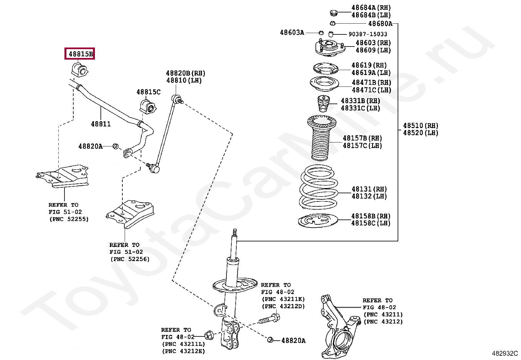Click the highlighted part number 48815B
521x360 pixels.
coord(80,53)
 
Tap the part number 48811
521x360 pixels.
coord(101,124)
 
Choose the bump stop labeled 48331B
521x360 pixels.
coord(324,103)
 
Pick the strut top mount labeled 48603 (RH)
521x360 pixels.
coord(330,47)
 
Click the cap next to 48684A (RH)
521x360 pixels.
coord(333,13)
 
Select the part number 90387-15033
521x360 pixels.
coord(368,34)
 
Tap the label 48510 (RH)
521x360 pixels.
coord(420,125)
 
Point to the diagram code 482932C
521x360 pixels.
coord(505,353)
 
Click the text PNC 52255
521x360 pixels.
coord(69,219)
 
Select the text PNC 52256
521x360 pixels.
coord(130,259)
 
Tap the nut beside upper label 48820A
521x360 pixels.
coord(115,146)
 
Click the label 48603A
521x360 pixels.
coord(292,32)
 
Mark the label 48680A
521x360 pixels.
coord(380,24)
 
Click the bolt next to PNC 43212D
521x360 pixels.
coord(269,318)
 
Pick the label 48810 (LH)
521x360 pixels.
coord(184,80)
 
